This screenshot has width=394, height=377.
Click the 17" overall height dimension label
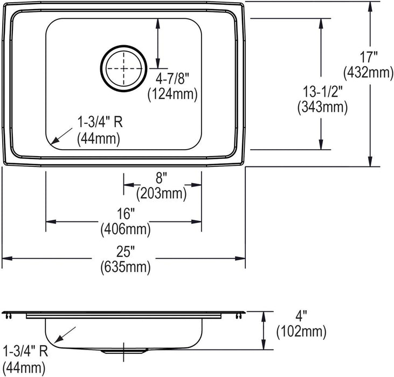pyautogui.click(x=369, y=57)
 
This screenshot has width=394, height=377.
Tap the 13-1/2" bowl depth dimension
pyautogui.click(x=323, y=92)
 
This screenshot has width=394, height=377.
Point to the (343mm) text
pyautogui.click(x=323, y=107)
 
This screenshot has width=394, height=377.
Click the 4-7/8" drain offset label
pyautogui.click(x=172, y=79)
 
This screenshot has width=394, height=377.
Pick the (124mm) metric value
pyautogui.click(x=172, y=95)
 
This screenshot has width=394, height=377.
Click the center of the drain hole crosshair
pyautogui.click(x=123, y=68)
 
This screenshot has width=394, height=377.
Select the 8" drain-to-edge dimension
pyautogui.click(x=161, y=178)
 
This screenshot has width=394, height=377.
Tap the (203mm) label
pyautogui.click(x=161, y=193)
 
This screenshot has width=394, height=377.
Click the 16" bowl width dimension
pyautogui.click(x=126, y=214)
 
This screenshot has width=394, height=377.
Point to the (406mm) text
pyautogui.click(x=126, y=229)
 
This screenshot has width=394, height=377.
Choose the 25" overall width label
pyautogui.click(x=126, y=252)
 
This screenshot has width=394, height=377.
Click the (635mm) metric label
pyautogui.click(x=126, y=267)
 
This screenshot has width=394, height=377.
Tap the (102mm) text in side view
pyautogui.click(x=301, y=332)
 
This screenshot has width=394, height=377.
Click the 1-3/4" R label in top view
pyautogui.click(x=100, y=122)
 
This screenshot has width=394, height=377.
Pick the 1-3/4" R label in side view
pyautogui.click(x=25, y=351)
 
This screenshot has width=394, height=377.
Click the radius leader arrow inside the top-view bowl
pyautogui.click(x=61, y=136)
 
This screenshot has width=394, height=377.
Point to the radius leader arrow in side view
pyautogui.click(x=65, y=335)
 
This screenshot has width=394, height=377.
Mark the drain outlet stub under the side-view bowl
pyautogui.click(x=123, y=351)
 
